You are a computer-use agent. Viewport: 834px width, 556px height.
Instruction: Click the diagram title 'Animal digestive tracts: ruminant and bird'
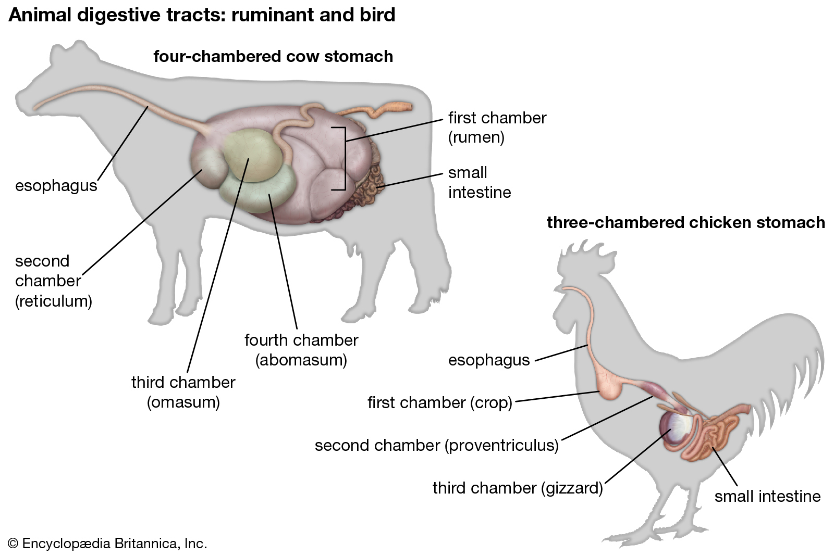[202, 15]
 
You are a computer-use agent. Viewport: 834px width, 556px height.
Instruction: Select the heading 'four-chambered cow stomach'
[273, 56]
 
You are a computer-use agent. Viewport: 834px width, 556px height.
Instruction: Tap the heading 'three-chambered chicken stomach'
[685, 223]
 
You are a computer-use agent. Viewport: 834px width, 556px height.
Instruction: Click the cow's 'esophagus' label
[56, 186]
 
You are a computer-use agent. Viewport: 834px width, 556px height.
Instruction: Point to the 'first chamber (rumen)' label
[497, 128]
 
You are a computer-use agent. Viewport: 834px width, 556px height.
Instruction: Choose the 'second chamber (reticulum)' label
[53, 281]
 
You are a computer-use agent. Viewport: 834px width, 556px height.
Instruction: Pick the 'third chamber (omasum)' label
[183, 392]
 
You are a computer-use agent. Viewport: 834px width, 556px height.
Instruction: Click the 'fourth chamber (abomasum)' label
[301, 350]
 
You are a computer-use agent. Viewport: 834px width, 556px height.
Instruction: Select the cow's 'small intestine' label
[479, 182]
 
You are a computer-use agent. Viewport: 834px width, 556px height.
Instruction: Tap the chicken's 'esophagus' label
[488, 360]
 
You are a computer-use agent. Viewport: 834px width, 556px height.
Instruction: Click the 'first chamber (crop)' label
[439, 402]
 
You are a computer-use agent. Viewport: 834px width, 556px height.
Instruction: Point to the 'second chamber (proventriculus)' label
[436, 446]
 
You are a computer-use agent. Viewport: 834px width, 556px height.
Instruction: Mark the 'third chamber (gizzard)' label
[517, 488]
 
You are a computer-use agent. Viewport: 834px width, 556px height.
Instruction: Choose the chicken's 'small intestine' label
[767, 496]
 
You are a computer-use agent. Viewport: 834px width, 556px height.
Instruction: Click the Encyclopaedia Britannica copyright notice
[107, 544]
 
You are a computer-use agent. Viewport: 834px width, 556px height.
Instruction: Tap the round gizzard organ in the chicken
[677, 427]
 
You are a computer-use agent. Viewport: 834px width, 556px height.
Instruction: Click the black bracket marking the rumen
[344, 158]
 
